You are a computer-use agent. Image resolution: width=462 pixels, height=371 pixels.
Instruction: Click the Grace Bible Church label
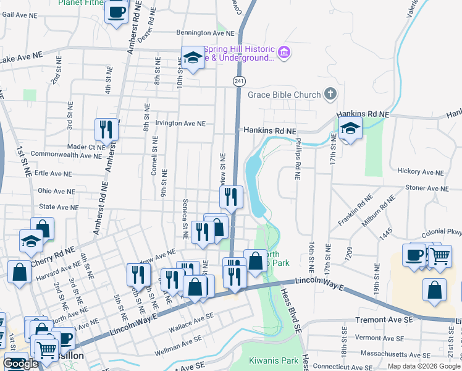[284, 95]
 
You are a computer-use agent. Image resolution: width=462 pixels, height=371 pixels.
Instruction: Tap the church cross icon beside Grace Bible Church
[330, 94]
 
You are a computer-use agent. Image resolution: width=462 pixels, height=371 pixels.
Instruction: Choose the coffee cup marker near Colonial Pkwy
[413, 254]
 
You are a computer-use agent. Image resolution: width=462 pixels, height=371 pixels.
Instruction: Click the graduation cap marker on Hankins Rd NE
[350, 130]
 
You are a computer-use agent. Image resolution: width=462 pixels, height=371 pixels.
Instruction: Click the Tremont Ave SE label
[384, 321]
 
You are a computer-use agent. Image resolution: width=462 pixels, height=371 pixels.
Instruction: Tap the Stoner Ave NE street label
[426, 188]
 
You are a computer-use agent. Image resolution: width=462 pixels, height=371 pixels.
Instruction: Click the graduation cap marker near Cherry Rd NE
[31, 241]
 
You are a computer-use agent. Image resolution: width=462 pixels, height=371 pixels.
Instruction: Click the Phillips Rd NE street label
[297, 159]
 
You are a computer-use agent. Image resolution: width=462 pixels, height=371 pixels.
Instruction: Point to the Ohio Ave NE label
[56, 192]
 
